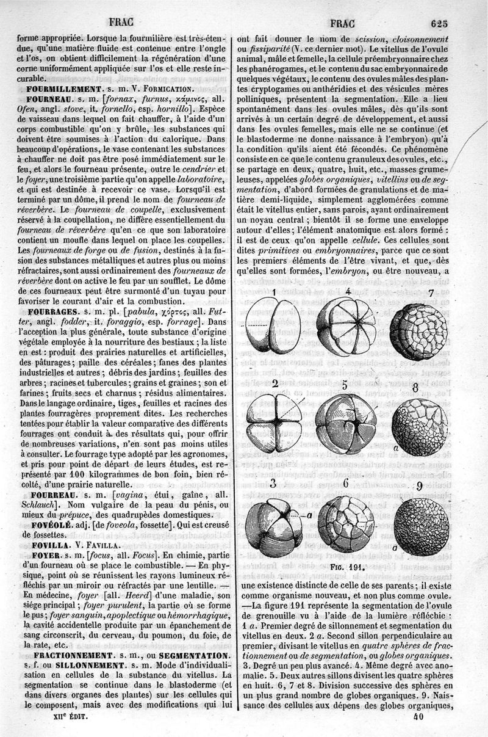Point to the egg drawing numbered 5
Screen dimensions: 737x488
(x=346, y=423)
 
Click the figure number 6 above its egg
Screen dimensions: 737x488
(x=345, y=484)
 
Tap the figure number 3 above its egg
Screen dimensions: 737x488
(x=274, y=485)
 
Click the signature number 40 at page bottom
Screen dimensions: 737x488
(x=418, y=717)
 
